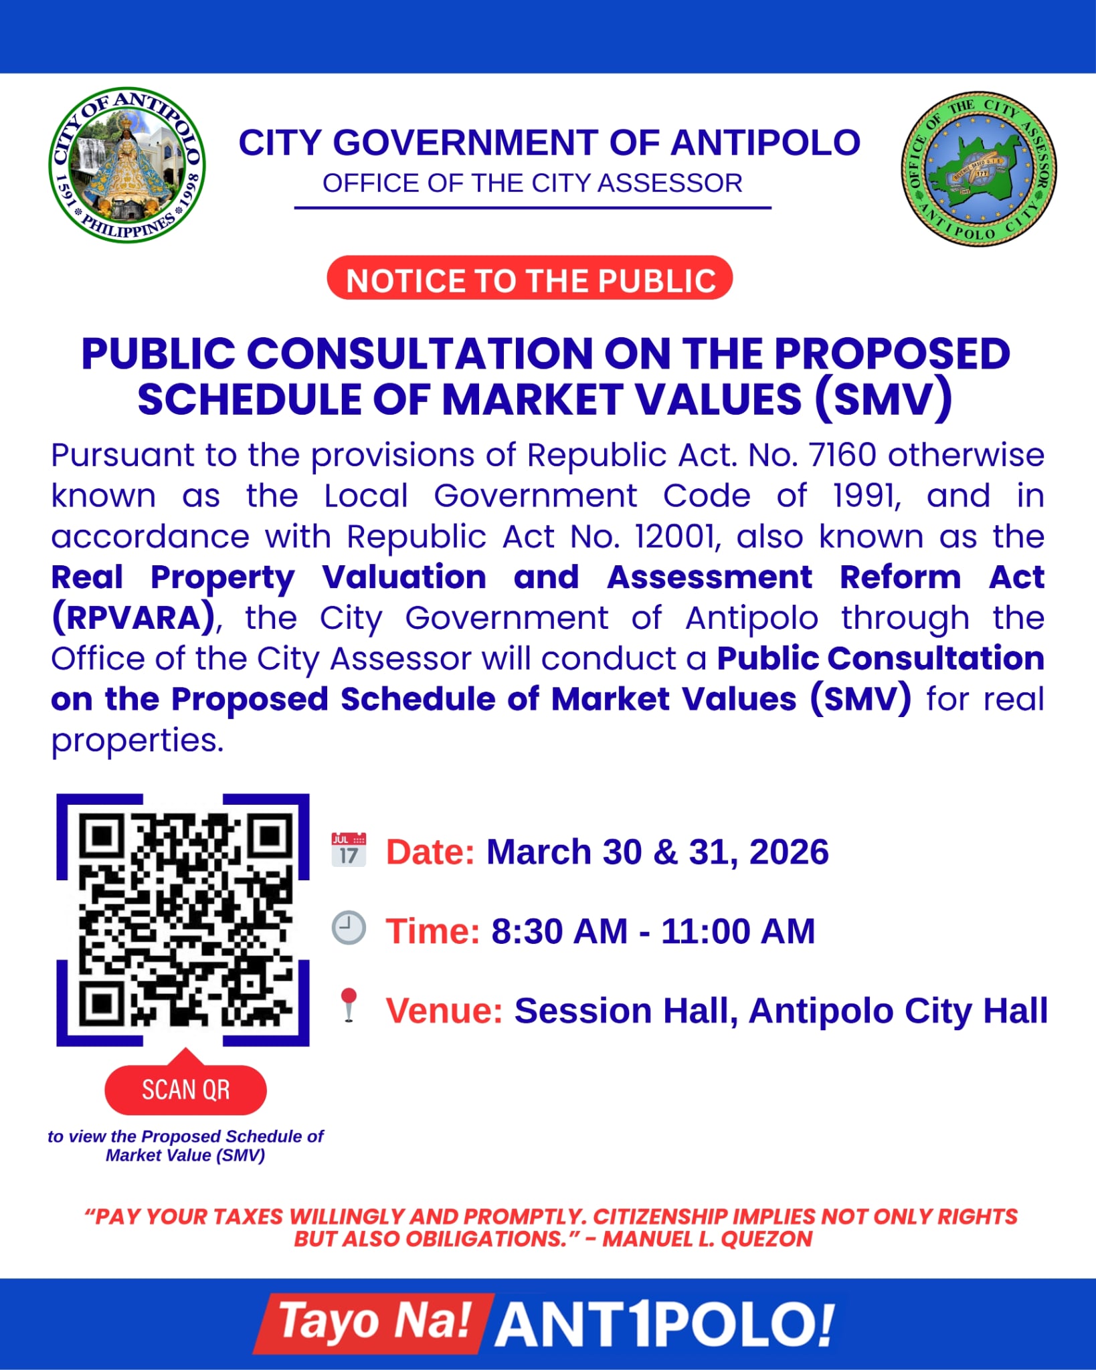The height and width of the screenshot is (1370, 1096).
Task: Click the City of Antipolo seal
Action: [x=127, y=165]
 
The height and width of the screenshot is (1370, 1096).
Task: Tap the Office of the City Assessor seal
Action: [x=978, y=169]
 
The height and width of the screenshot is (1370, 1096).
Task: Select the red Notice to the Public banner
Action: [x=530, y=278]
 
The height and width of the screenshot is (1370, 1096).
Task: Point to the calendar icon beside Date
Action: [x=349, y=850]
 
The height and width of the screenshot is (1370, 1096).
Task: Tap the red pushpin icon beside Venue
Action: [x=349, y=1005]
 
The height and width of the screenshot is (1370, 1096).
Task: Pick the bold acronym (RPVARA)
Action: [x=134, y=618]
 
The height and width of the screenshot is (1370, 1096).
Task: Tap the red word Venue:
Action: [x=444, y=1010]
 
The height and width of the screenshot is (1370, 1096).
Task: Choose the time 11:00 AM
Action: [x=738, y=931]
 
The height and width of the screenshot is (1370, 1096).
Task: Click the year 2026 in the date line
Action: [x=789, y=852]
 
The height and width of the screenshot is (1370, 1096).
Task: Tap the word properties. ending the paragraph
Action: [x=137, y=741]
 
